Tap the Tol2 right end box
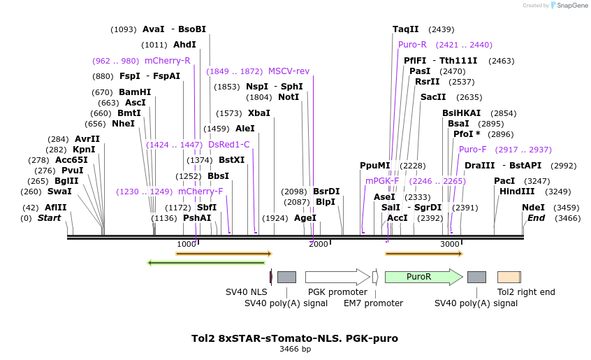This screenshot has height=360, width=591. [509, 277]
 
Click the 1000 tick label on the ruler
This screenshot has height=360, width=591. [187, 244]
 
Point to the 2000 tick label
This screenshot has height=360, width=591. [318, 244]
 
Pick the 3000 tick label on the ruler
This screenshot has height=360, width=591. [450, 244]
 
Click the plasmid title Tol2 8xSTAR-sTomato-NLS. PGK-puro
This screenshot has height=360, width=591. [295, 338]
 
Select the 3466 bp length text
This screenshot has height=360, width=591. [295, 349]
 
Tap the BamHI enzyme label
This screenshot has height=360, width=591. [135, 92]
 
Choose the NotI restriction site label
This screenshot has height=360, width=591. [289, 97]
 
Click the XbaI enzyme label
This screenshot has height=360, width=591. [258, 113]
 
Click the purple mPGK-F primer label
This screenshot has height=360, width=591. [382, 180]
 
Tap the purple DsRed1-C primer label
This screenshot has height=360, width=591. [228, 145]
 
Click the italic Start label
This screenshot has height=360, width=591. [49, 218]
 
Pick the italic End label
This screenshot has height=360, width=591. [536, 218]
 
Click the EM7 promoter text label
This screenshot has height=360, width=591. [373, 303]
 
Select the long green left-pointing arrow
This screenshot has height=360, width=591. [208, 263]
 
